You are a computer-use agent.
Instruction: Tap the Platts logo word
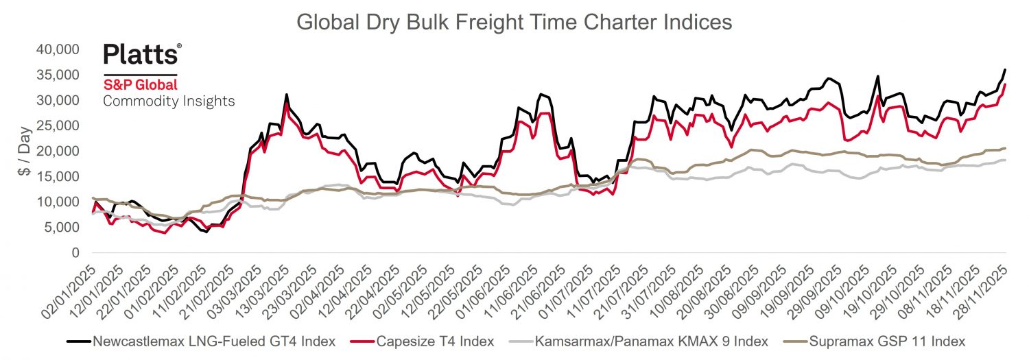point(142,54)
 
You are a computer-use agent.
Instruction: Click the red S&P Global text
point(140,85)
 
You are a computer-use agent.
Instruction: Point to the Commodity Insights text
point(169,101)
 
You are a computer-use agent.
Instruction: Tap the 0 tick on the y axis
point(76,252)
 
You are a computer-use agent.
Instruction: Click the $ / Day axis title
point(23,152)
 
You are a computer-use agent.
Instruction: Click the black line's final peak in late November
point(1005,69)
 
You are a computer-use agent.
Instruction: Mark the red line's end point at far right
point(1005,84)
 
